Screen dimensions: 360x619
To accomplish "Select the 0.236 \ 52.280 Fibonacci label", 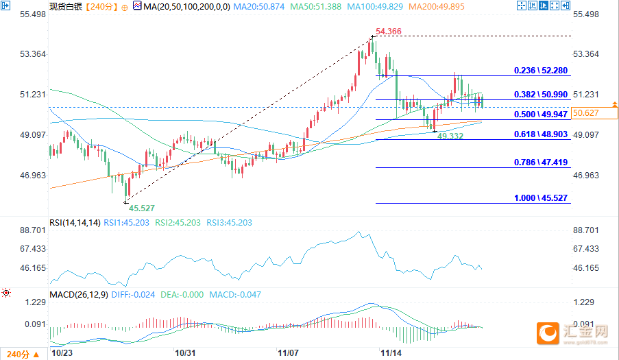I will [x=542, y=71].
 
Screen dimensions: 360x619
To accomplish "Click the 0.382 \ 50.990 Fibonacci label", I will [x=542, y=95].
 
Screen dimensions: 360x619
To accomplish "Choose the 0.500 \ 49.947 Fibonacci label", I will [x=542, y=115].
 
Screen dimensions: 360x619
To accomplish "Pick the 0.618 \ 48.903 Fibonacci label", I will [x=542, y=134].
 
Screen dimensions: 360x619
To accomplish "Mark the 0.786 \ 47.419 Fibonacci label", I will [x=542, y=163].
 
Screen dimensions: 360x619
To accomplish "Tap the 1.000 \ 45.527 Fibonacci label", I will [x=542, y=197].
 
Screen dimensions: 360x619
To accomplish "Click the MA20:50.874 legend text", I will [x=256, y=6].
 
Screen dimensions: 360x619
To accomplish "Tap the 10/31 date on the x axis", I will [x=187, y=353].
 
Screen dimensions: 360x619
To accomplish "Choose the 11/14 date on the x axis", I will [x=390, y=353].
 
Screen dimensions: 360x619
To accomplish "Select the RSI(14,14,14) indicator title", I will [x=75, y=223].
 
